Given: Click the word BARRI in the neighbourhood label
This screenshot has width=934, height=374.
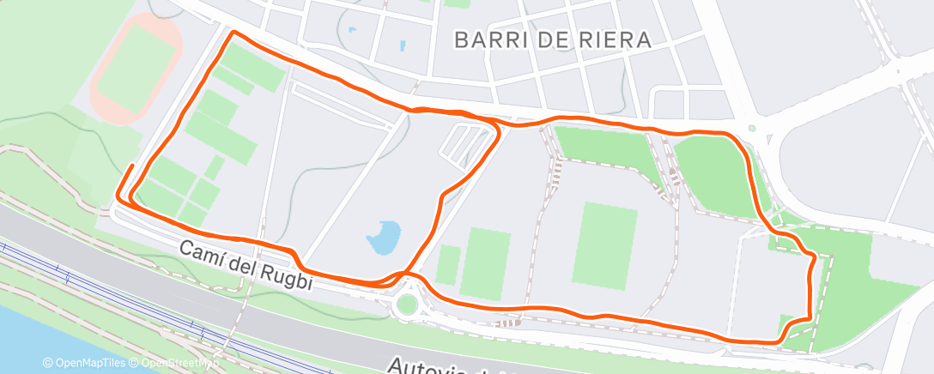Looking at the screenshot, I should click(x=486, y=39).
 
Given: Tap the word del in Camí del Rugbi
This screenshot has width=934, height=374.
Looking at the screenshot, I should click(x=244, y=263).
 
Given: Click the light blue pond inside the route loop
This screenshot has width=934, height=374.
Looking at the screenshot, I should click(x=384, y=238).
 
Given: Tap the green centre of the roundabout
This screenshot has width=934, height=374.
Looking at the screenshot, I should click(x=404, y=304).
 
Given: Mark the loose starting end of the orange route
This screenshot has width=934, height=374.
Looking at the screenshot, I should click(x=132, y=165).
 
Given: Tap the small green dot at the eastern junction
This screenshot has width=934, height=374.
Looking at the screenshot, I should click(x=751, y=129).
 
